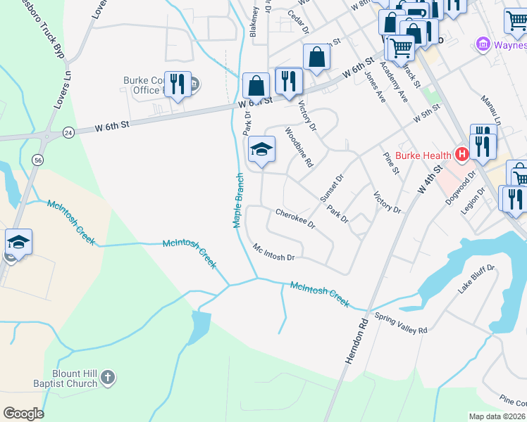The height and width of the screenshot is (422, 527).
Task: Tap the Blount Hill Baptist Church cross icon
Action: point(107,378)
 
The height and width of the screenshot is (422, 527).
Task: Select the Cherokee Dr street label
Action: point(294,221)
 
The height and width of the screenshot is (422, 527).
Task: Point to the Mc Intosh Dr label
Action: point(273,252)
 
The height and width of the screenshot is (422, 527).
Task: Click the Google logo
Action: point(24,414)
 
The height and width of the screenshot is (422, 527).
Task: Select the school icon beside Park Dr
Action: point(261,149)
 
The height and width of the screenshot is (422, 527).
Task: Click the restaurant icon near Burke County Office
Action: point(178,84)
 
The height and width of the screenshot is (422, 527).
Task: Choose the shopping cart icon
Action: point(401,49)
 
